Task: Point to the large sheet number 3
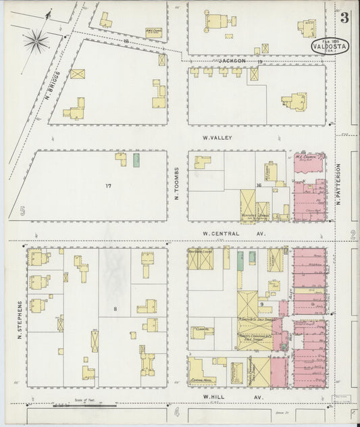coord(344,18)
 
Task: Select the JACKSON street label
coord(232,61)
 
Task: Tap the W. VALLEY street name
coord(217,137)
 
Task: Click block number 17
coord(108,184)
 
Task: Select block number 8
coord(115,309)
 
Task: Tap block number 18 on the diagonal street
coord(126,42)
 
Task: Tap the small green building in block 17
coord(136,159)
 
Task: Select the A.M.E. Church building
coord(153,32)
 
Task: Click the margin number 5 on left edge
coord(22,211)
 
